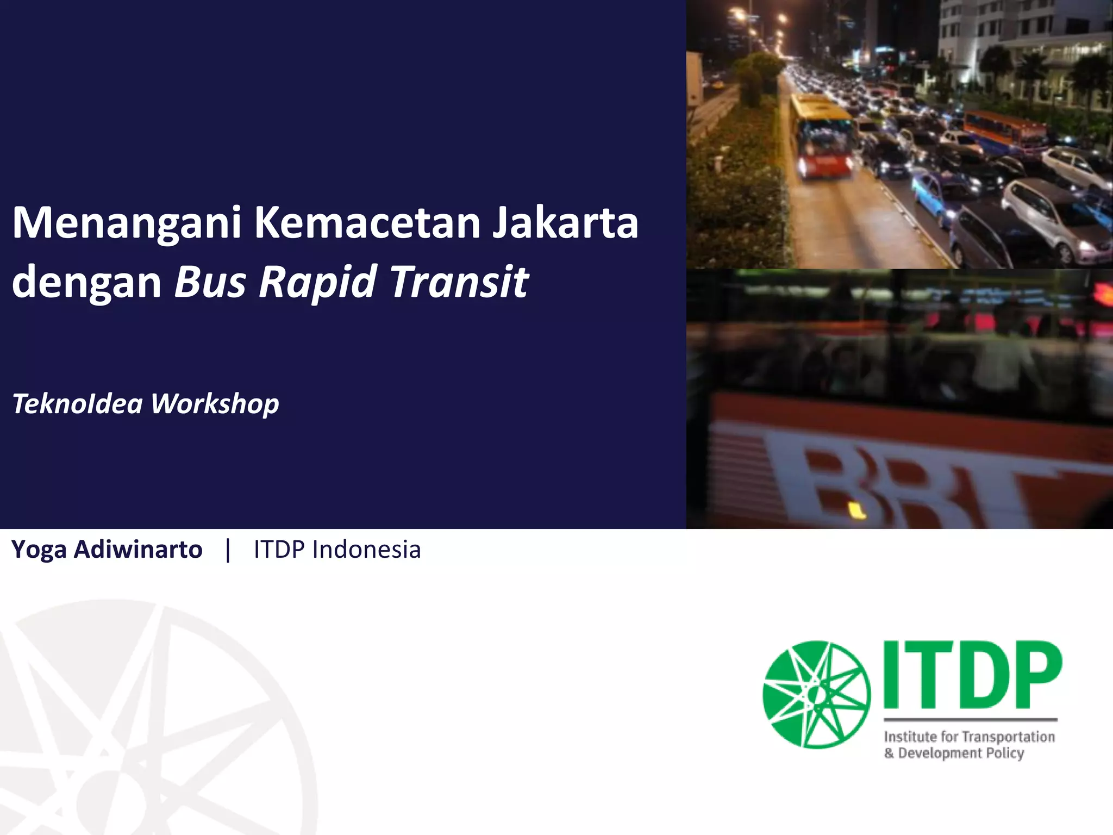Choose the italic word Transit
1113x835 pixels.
(459, 282)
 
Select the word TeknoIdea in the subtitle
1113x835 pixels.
(77, 403)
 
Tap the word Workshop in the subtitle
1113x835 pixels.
(215, 404)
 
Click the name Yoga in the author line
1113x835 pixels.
(38, 550)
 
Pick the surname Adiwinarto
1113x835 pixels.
(138, 549)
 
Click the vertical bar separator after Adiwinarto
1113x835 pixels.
(228, 550)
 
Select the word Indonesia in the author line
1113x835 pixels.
(366, 549)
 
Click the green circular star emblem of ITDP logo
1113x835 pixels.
(816, 695)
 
